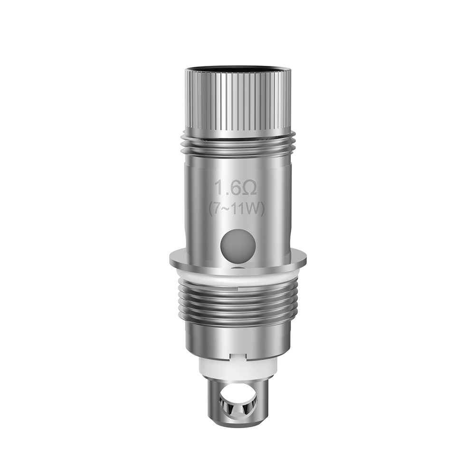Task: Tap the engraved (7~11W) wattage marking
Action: tap(237, 209)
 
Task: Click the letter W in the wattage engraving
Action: tap(255, 209)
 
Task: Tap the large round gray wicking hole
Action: tap(238, 246)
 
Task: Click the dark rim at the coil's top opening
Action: tap(237, 70)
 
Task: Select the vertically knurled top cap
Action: tap(237, 102)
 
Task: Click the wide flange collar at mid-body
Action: tap(237, 261)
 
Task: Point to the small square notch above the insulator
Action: tap(237, 355)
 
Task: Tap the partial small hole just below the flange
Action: tap(238, 269)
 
